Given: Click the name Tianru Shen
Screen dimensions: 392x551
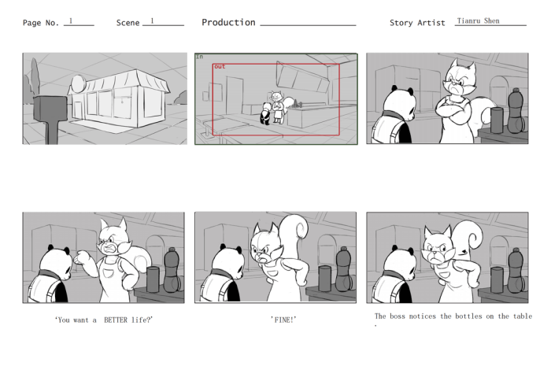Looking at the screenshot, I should pos(478,21).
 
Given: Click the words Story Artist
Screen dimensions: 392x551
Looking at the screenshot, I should pos(417,23).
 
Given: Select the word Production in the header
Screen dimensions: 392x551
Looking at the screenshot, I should pos(228,22).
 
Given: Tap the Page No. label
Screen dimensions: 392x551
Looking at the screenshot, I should pos(41,23).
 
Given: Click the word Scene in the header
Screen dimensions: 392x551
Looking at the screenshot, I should pos(128,23).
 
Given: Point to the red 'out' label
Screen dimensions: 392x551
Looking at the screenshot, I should pos(220,67).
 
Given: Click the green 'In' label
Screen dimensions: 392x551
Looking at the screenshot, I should pos(199,57).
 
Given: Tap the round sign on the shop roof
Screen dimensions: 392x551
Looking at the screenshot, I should pos(80,83).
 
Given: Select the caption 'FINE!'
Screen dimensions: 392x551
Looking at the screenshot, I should pos(283,320).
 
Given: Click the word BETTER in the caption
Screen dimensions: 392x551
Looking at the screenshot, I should pos(117,320).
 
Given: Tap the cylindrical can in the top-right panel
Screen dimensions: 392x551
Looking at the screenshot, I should pos(497,120).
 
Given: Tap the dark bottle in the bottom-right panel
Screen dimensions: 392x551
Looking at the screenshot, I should pos(516,269).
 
